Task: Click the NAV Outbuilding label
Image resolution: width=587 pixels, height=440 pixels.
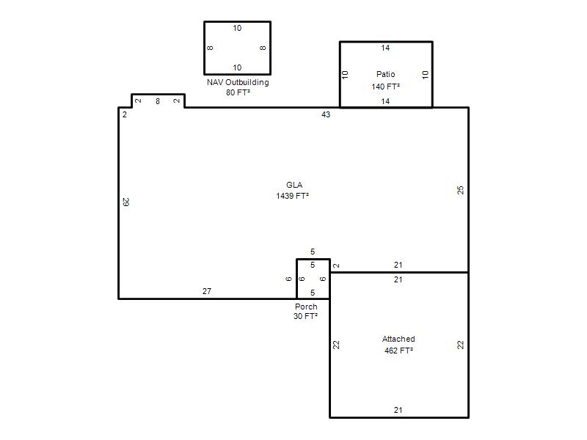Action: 238,82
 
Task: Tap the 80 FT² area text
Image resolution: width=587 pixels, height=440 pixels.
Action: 238,92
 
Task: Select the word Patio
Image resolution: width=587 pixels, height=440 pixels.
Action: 386,74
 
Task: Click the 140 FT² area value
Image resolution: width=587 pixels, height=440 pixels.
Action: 386,87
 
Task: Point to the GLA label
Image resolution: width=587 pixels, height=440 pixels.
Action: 294,185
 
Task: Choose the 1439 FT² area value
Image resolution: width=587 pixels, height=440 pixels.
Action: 292,196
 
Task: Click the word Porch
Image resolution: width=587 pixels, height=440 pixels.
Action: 306,307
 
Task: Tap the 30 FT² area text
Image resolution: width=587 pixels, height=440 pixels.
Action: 305,316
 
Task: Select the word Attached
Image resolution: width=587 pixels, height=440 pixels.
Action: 398,339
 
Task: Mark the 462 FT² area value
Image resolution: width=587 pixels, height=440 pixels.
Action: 398,351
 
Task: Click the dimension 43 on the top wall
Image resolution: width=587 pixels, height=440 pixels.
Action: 326,114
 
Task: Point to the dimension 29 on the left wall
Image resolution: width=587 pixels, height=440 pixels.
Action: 125,202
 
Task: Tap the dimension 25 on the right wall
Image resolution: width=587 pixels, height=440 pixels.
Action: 461,190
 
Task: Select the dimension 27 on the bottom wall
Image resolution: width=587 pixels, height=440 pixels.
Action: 207,291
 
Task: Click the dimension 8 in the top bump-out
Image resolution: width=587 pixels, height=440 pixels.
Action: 158,101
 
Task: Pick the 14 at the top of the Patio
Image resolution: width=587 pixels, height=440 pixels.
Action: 385,48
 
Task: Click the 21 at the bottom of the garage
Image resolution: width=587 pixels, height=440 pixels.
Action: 398,410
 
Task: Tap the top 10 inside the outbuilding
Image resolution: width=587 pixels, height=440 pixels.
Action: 237,28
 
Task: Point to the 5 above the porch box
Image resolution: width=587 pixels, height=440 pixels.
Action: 313,252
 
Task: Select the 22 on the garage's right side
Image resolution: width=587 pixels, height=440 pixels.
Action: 461,345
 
